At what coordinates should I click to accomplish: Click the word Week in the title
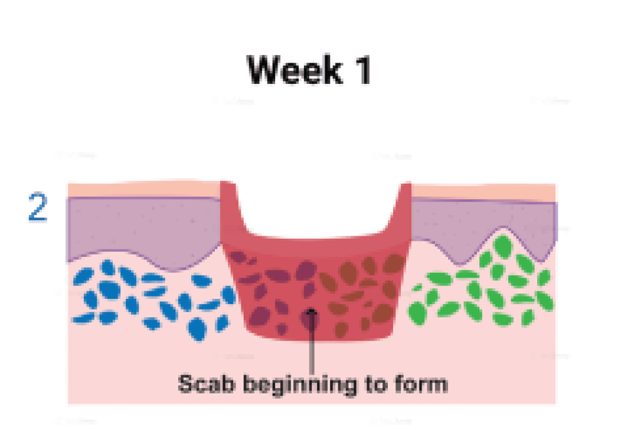(x=293, y=71)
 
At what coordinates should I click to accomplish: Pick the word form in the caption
(x=421, y=384)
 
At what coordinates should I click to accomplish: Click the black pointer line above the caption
(x=311, y=346)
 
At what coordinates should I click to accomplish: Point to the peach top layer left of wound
(x=142, y=188)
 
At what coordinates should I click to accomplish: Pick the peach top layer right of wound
(x=484, y=192)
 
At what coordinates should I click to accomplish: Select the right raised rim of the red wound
(x=402, y=207)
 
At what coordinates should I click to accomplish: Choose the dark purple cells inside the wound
(x=266, y=289)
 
